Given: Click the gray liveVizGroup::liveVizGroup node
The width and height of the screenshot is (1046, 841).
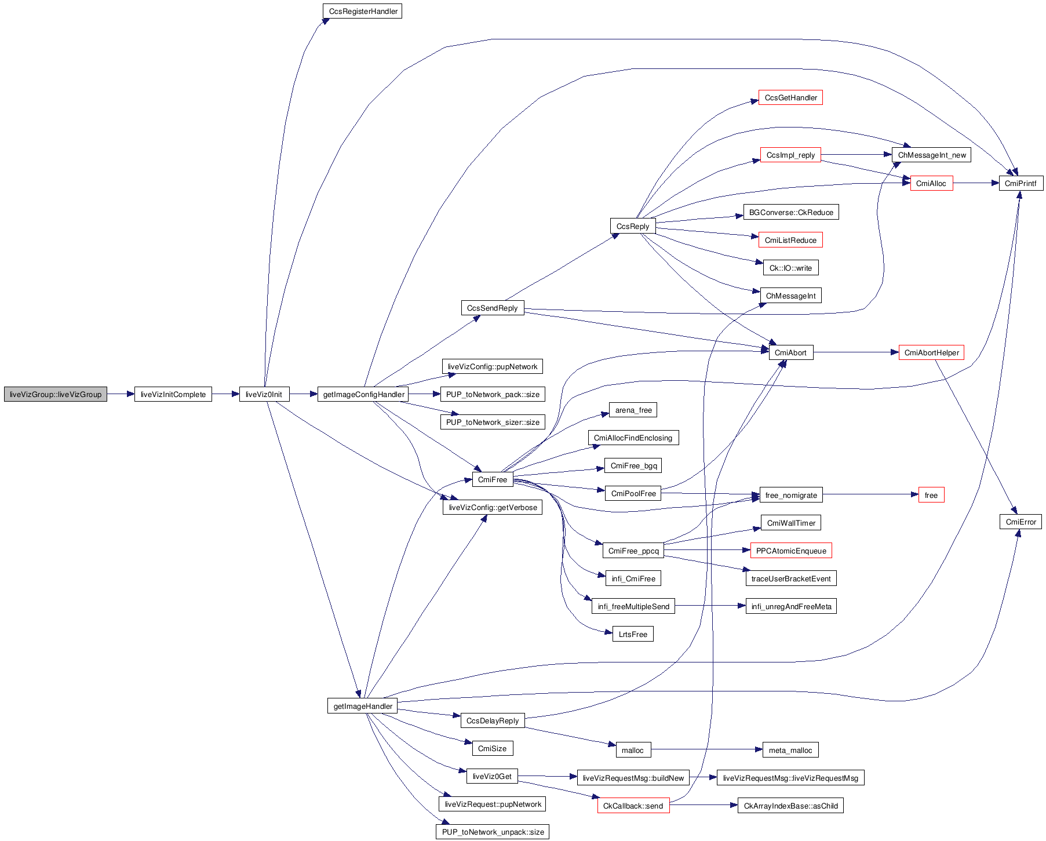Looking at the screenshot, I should pos(56,395).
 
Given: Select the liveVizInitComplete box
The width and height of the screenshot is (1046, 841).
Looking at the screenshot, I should pos(173,395).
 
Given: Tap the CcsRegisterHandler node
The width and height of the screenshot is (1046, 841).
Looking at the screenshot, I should pos(363,12).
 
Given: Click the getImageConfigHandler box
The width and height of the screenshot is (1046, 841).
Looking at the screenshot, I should pos(363,395).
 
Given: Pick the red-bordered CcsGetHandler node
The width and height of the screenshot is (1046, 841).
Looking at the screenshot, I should pos(790,98).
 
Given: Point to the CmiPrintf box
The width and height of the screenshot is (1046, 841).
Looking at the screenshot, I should pos(1021,184).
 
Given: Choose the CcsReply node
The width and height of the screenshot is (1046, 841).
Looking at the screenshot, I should pos(632,227).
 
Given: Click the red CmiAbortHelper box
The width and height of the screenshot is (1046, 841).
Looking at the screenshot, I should pos(931,353).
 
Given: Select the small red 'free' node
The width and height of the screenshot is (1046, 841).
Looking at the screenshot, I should pos(931,496).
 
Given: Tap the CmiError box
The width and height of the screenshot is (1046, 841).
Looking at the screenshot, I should pos(1021,522).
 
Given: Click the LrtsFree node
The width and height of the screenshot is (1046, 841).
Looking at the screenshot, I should pos(632,635).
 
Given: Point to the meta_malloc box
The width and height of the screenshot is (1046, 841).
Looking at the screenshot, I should pos(790,751).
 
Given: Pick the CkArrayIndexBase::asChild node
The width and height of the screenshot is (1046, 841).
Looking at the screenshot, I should pos(790,806).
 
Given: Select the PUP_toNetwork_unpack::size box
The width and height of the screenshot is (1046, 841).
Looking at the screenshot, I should pos(493,832).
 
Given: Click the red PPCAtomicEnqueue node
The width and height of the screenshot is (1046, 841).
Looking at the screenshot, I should pos(790,551).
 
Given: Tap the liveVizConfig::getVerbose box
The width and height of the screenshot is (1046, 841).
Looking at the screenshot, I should pos(493,508).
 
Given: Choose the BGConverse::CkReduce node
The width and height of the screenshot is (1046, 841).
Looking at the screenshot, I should pos(790,213).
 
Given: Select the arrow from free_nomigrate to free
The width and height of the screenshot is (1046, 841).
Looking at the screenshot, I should pos(869,494).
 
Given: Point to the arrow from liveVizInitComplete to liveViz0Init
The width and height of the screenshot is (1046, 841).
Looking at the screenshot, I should pos(225,394).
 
